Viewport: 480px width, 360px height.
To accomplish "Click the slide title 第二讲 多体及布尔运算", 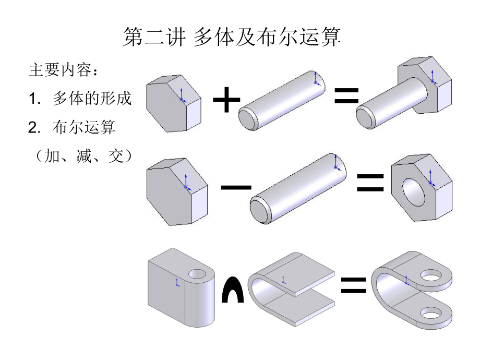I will pyautogui.click(x=232, y=38).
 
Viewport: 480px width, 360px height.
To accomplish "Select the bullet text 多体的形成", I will pyautogui.click(x=92, y=98).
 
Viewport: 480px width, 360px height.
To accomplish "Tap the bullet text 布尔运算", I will pyautogui.click(x=83, y=127).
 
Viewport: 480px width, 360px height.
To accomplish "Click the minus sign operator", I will pyautogui.click(x=236, y=186).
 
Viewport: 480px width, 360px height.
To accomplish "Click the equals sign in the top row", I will pyautogui.click(x=346, y=96).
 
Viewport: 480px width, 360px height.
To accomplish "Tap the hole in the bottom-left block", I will pyautogui.click(x=198, y=273).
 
